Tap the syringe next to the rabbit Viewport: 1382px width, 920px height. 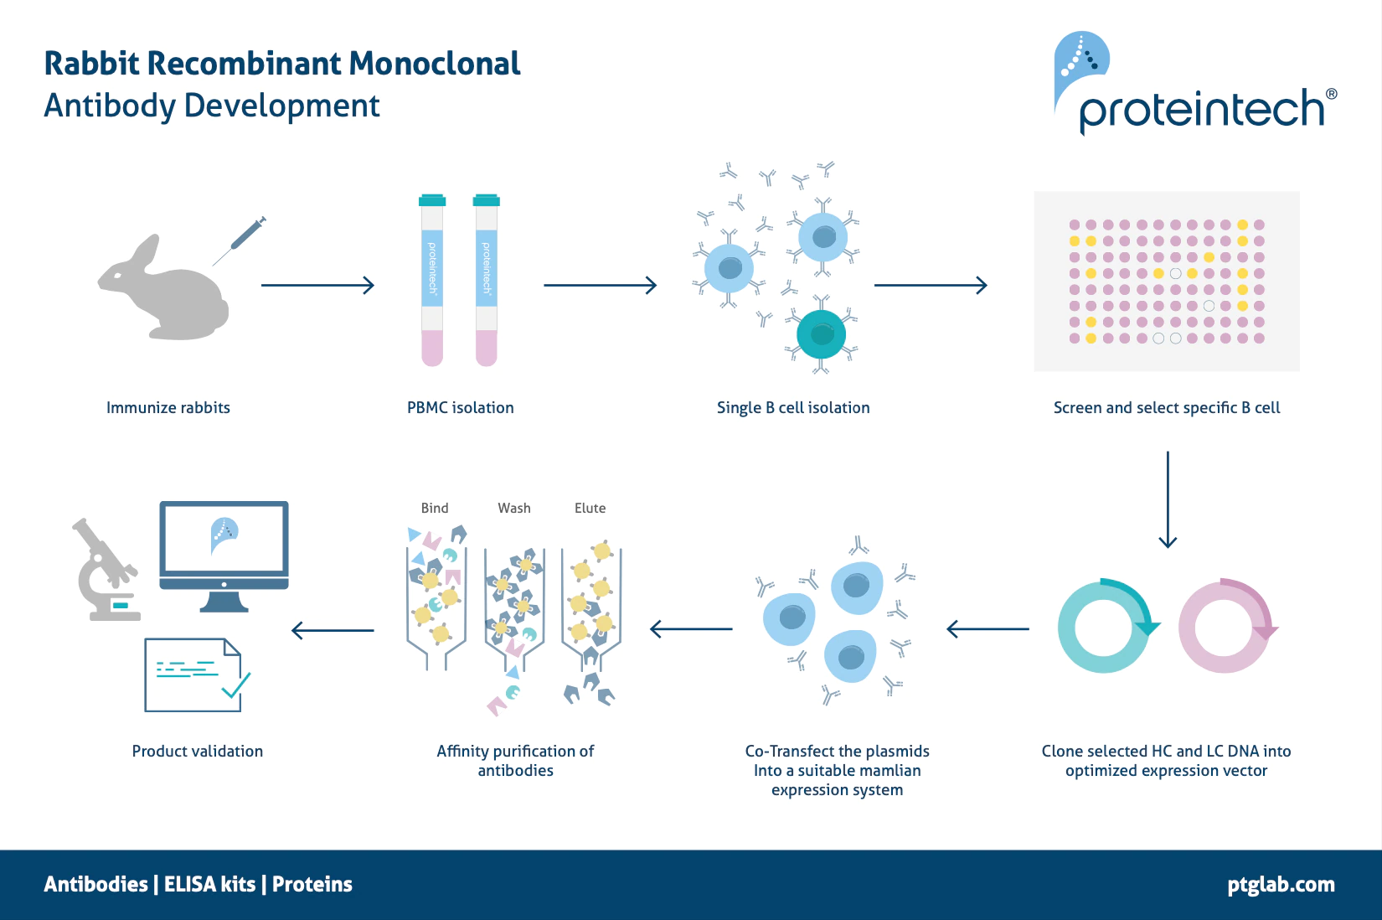pyautogui.click(x=240, y=240)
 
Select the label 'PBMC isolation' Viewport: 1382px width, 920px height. pyautogui.click(x=461, y=408)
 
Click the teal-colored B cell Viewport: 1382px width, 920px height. pyautogui.click(x=821, y=334)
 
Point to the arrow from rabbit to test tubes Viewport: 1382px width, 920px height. pyautogui.click(x=317, y=285)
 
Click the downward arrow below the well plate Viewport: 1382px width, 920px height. pyautogui.click(x=1168, y=499)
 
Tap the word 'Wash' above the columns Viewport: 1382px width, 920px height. pyautogui.click(x=514, y=508)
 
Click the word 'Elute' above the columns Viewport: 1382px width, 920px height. pyautogui.click(x=590, y=508)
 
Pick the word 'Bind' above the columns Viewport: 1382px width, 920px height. pyautogui.click(x=435, y=508)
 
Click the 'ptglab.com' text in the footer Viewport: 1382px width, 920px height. pyautogui.click(x=1281, y=884)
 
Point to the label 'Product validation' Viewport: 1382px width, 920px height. pyautogui.click(x=198, y=751)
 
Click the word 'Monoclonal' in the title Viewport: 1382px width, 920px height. pyautogui.click(x=435, y=64)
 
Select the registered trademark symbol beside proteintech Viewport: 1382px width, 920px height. pyautogui.click(x=1332, y=95)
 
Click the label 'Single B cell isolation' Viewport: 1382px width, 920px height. pyautogui.click(x=793, y=408)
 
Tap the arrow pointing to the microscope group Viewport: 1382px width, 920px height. pyautogui.click(x=333, y=630)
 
